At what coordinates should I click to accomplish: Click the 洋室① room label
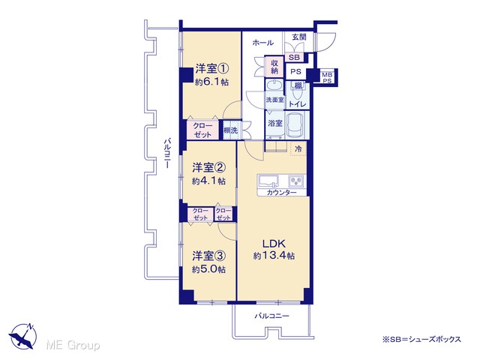212,68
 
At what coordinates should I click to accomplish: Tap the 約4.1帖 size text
208,181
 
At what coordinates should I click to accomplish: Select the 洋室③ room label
208,256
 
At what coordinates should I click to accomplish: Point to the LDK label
274,244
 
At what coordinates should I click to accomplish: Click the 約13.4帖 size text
274,256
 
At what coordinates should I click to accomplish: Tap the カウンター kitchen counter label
282,193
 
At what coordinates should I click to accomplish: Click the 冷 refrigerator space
298,148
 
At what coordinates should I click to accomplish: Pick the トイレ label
297,104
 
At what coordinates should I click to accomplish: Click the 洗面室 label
274,100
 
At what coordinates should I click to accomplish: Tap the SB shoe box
294,57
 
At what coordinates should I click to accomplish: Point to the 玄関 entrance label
299,37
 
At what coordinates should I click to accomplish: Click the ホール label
263,43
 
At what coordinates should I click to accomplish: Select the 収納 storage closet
274,67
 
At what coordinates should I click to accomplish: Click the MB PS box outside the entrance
327,78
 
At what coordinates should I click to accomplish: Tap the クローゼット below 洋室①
202,130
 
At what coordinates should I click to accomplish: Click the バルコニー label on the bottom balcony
272,316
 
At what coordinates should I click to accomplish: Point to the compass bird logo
23,336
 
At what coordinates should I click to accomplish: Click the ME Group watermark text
73,345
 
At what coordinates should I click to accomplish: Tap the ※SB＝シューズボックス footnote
421,339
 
